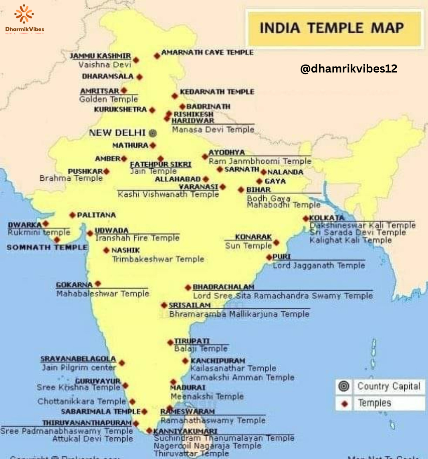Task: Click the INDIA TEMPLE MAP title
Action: pos(332,28)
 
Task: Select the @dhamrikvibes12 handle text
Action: pos(349,69)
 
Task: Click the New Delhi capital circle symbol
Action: pos(152,133)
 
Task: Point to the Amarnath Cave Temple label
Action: pos(207,52)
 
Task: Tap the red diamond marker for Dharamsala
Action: pos(139,76)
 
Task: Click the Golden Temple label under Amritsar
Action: pos(109,99)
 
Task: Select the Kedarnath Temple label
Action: pos(217,92)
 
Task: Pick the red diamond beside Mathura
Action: pos(153,145)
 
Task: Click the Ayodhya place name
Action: pos(226,153)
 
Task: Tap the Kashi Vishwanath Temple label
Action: pos(168,194)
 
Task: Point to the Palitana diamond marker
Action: pos(73,215)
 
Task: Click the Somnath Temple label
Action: pos(47,248)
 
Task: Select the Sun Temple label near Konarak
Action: pos(248,246)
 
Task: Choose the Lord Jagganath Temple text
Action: pos(319,266)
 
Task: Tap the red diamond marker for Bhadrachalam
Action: pos(188,288)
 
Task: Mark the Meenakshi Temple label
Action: pos(207,397)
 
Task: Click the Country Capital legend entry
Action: pos(389,387)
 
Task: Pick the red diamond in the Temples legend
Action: pos(344,404)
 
